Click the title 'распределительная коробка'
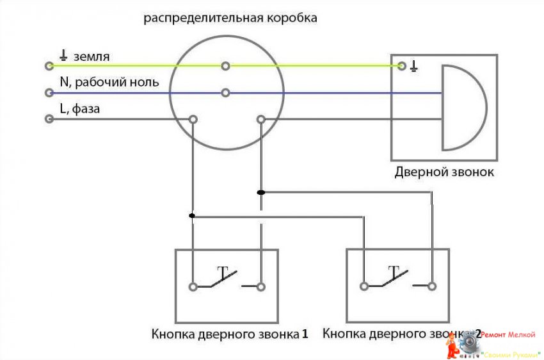[x=230, y=18]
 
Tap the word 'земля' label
[x=91, y=56]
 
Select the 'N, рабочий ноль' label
[x=109, y=83]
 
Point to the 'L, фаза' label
[x=79, y=109]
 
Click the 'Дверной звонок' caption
[x=444, y=172]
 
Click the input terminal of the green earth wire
[x=49, y=65]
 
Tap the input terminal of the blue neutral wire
[x=49, y=93]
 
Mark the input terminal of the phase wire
[x=49, y=119]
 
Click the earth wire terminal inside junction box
[x=225, y=65]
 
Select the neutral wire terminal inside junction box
[x=225, y=93]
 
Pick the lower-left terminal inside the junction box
[x=193, y=119]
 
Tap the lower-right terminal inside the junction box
[x=260, y=119]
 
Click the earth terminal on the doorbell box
[x=401, y=65]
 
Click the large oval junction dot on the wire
[x=260, y=192]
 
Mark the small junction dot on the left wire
[x=192, y=216]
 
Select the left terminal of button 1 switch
[x=193, y=286]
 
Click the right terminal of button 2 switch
[x=431, y=286]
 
